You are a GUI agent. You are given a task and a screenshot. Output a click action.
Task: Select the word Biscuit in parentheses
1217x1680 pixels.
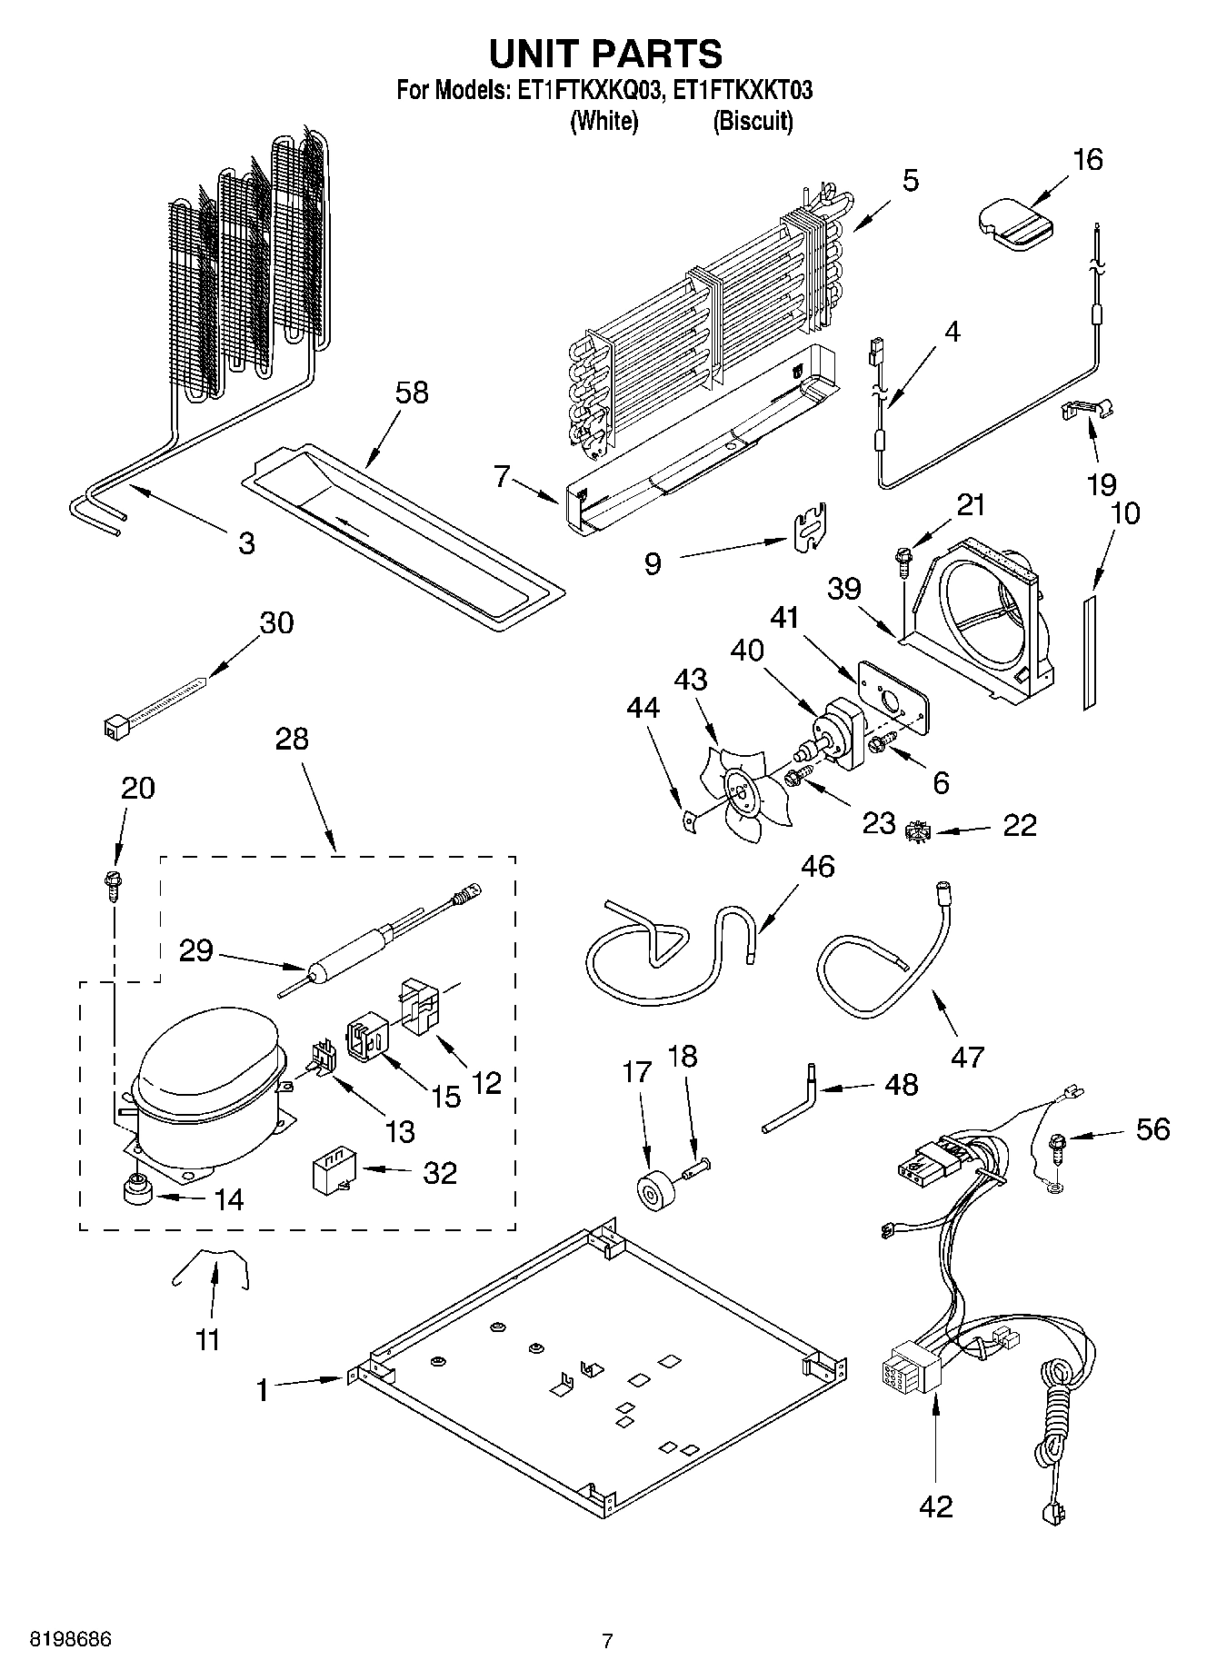[x=753, y=121]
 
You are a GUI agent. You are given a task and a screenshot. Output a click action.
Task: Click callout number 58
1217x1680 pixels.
[x=412, y=393]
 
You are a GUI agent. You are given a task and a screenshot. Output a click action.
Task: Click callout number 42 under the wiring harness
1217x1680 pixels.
[x=936, y=1506]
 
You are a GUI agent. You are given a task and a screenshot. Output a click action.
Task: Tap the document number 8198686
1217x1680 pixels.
[x=71, y=1638]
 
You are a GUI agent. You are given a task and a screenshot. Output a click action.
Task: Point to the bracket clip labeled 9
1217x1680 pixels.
[x=808, y=528]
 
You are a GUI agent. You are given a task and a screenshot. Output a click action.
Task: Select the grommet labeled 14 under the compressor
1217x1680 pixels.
[x=138, y=1189]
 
